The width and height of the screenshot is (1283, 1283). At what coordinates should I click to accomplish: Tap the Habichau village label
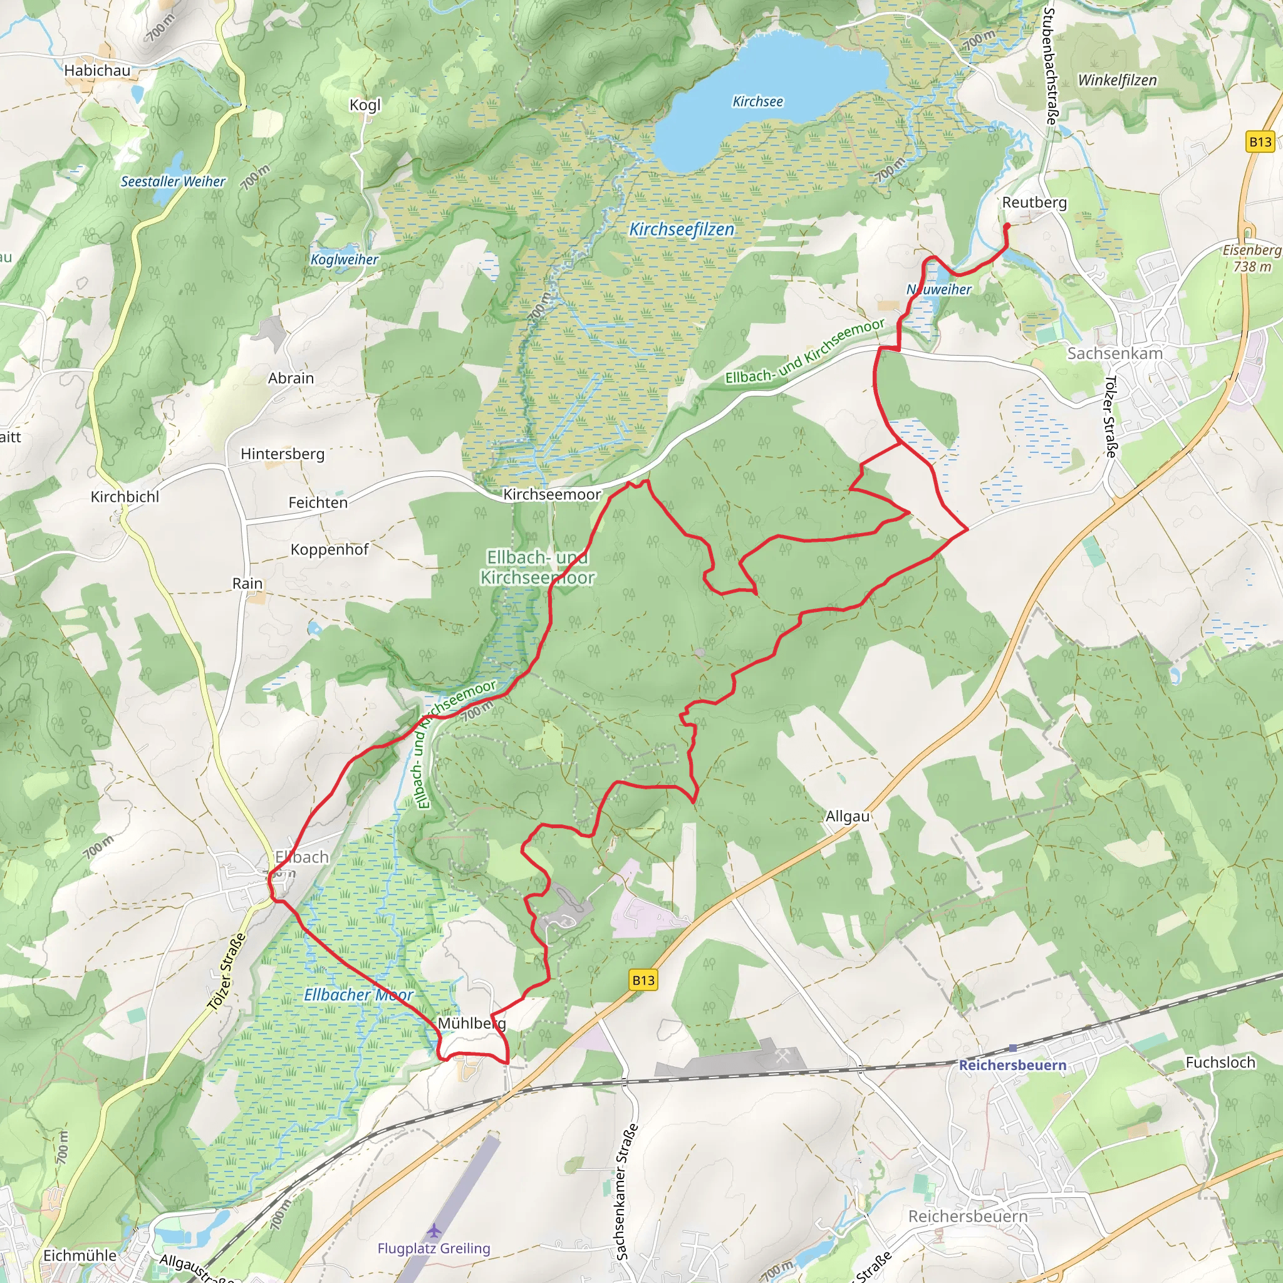tap(97, 70)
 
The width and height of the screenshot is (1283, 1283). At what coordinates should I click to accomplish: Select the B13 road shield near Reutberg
tap(1260, 142)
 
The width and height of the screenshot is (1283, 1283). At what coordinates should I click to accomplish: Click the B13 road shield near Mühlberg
tap(643, 980)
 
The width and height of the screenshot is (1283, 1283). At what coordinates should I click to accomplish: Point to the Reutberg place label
tap(1034, 202)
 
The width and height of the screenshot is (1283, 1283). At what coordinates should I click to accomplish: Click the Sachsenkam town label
tap(1114, 353)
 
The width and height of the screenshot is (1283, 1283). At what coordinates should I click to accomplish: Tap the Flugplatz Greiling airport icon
tap(434, 1230)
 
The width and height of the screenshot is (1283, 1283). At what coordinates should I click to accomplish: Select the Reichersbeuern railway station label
tap(1012, 1065)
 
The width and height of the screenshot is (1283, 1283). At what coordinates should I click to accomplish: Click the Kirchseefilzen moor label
tap(682, 229)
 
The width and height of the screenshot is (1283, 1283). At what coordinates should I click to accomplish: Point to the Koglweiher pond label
tap(344, 259)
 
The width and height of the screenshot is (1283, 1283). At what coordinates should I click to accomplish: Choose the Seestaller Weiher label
tap(173, 181)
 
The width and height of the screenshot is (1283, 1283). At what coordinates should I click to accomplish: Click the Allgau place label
tap(848, 816)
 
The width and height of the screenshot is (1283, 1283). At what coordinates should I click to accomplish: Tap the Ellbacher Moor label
tap(358, 994)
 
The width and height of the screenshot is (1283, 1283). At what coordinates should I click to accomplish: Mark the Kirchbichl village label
tap(125, 497)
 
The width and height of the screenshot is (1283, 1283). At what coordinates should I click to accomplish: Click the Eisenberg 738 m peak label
tap(1251, 257)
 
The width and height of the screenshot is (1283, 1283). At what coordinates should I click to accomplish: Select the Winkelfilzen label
tap(1117, 80)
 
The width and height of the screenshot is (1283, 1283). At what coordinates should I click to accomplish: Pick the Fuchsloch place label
tap(1220, 1062)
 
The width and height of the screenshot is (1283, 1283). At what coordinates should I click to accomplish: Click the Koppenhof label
tap(330, 549)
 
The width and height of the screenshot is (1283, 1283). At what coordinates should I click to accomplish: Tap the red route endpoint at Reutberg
tap(1007, 226)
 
